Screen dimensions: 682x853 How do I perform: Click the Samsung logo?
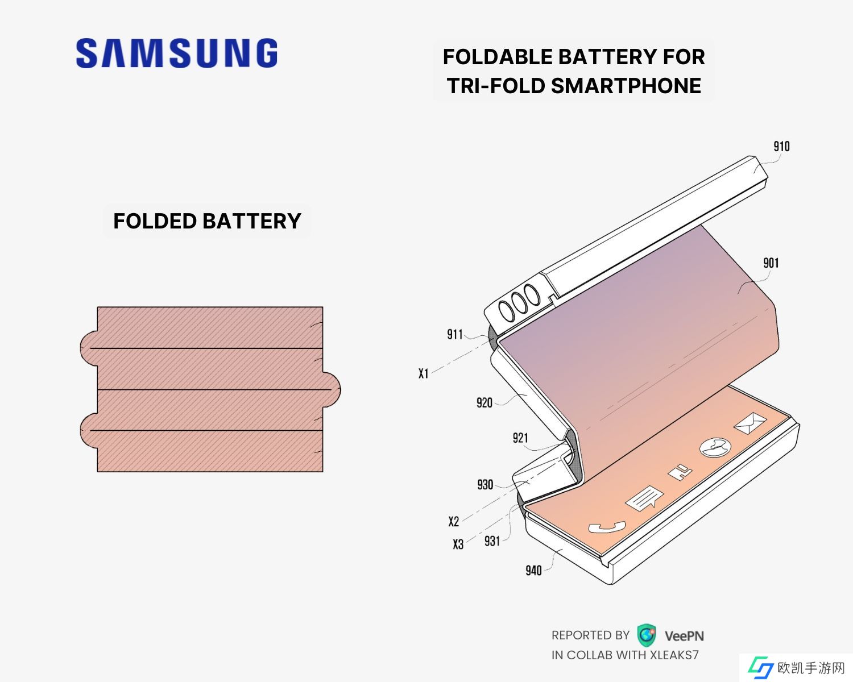177,53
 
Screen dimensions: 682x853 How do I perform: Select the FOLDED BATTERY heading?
207,221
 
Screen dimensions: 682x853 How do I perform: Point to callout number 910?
781,147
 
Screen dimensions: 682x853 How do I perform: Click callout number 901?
771,263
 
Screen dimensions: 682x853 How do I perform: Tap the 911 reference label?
455,334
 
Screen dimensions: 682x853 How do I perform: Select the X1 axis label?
423,373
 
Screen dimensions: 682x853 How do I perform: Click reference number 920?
484,403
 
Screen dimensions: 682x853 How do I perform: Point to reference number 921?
520,438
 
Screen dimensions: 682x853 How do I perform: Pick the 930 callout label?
485,485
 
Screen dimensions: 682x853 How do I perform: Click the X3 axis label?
458,544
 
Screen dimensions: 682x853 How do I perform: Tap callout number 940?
533,570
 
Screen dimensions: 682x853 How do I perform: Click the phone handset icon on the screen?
606,527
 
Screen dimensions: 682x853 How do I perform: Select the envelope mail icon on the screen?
750,423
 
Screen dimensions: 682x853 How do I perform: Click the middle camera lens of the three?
518,302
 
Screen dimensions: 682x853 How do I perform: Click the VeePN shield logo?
647,635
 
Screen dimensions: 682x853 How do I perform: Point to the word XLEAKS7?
674,655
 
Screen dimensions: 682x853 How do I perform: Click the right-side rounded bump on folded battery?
332,389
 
